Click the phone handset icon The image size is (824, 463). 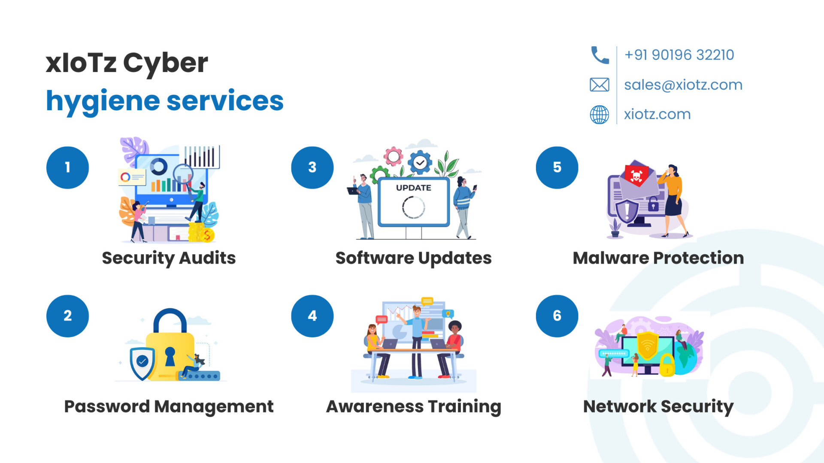pos(600,55)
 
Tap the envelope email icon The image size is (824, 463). pos(600,85)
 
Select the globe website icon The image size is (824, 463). pos(600,114)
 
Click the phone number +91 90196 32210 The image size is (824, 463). pos(679,55)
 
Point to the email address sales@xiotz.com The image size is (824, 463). pos(683,85)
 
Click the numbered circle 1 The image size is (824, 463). pos(68,168)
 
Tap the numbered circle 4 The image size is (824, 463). pos(312,316)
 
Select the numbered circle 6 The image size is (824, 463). pos(557,316)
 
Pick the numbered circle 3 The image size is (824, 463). pos(312,168)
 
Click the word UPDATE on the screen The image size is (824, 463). pos(414,188)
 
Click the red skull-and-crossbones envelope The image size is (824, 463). pos(636,174)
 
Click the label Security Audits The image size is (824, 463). pos(169,258)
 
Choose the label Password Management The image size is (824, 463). pos(169,406)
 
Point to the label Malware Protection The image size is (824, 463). pos(658,258)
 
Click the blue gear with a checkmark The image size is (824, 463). pos(420,162)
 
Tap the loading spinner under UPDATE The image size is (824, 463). pos(414,207)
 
